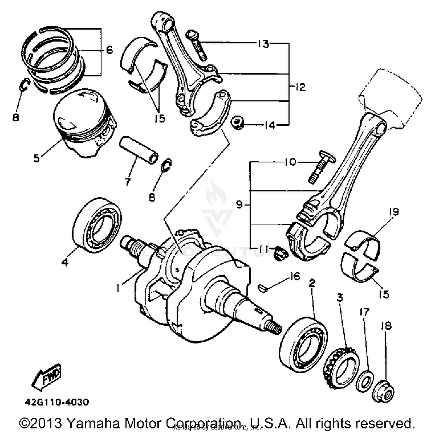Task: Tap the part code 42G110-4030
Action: (x=57, y=402)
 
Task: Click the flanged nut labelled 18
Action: (x=384, y=391)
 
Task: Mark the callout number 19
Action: (x=394, y=212)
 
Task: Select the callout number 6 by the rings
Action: (x=109, y=50)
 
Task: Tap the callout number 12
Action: (x=300, y=87)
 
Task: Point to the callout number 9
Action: (x=239, y=205)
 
